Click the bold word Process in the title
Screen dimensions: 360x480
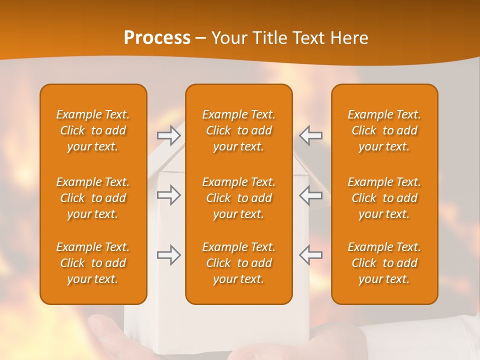(x=157, y=38)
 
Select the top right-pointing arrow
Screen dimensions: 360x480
(x=168, y=135)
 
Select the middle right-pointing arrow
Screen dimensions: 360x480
(x=168, y=195)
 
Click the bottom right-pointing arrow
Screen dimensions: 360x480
(x=168, y=255)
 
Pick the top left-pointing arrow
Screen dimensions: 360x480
(x=310, y=135)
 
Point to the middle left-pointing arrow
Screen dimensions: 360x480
(x=310, y=195)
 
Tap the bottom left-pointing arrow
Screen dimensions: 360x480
(x=310, y=255)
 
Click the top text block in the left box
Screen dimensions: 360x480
(x=93, y=130)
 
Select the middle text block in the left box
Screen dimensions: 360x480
(x=93, y=198)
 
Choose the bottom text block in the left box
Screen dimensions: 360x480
(x=93, y=263)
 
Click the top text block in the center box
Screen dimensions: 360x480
(x=239, y=130)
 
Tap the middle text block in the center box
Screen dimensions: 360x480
(x=239, y=198)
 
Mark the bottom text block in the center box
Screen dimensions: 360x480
(x=239, y=263)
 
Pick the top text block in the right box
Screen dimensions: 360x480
(x=384, y=130)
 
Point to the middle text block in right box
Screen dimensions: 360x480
(x=384, y=198)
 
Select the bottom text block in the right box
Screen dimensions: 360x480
(x=384, y=263)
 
